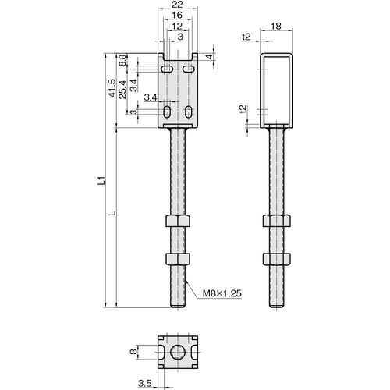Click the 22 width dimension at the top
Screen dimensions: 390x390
178,5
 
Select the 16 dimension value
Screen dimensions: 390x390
177,15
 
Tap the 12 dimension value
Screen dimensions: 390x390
177,26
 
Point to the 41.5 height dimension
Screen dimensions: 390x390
112,88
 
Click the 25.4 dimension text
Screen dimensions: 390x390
122,90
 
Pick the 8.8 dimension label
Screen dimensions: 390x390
122,60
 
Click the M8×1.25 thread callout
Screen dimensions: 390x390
222,293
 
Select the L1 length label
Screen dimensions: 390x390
101,180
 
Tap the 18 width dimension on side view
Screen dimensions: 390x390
276,26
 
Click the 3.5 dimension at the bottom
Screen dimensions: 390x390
145,383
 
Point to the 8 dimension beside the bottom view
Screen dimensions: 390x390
133,352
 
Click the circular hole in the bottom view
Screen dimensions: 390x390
178,353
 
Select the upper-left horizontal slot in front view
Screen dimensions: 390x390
167,69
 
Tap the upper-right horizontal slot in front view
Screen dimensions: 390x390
187,69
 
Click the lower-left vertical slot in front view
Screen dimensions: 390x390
166,112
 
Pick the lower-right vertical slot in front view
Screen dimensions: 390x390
188,112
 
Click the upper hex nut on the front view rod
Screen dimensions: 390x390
178,221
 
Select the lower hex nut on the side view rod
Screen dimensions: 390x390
276,258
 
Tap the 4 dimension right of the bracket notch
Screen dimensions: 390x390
210,56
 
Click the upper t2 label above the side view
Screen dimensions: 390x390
246,37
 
